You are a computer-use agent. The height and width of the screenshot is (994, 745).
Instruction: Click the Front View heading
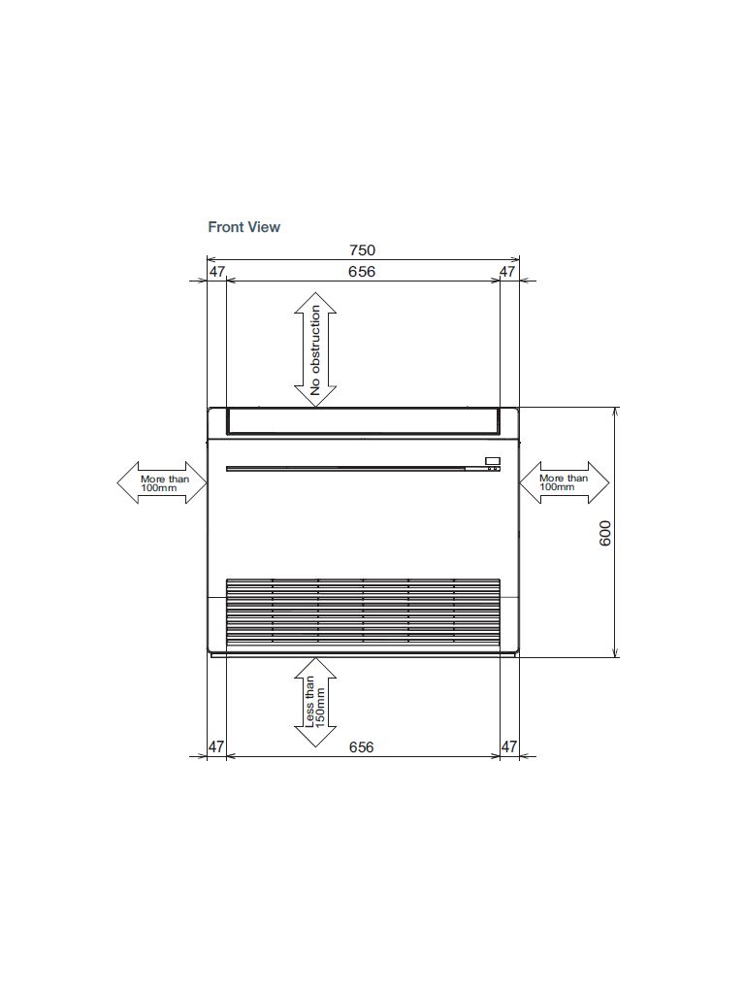[243, 227]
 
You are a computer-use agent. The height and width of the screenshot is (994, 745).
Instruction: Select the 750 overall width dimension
[363, 250]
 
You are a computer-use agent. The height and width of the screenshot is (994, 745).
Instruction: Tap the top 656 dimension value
[362, 272]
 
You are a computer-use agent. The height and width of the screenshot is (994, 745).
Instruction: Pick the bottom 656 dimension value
[361, 746]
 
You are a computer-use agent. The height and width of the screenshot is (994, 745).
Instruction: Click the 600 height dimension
[605, 533]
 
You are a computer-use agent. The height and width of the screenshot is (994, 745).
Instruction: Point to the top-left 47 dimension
[216, 272]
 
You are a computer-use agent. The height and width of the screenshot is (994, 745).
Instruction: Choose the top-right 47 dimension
[508, 272]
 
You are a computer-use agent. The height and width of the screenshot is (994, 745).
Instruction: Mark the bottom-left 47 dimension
[216, 746]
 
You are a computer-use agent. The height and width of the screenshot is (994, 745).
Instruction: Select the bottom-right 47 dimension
[508, 746]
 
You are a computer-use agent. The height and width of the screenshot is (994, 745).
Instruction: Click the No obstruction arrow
[315, 349]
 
